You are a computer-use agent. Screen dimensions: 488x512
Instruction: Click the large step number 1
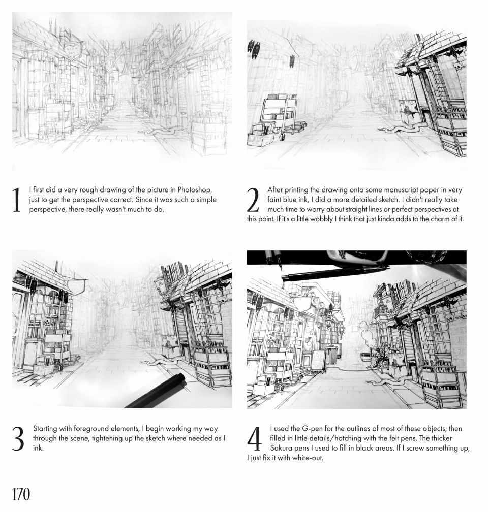(x=16, y=200)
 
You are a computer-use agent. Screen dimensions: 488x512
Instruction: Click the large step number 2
(x=253, y=200)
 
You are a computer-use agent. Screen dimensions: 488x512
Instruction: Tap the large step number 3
(x=18, y=439)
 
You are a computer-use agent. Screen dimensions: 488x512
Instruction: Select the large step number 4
(x=254, y=439)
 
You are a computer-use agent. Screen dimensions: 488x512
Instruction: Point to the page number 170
(x=21, y=494)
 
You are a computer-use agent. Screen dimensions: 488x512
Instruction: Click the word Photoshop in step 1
(x=195, y=190)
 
